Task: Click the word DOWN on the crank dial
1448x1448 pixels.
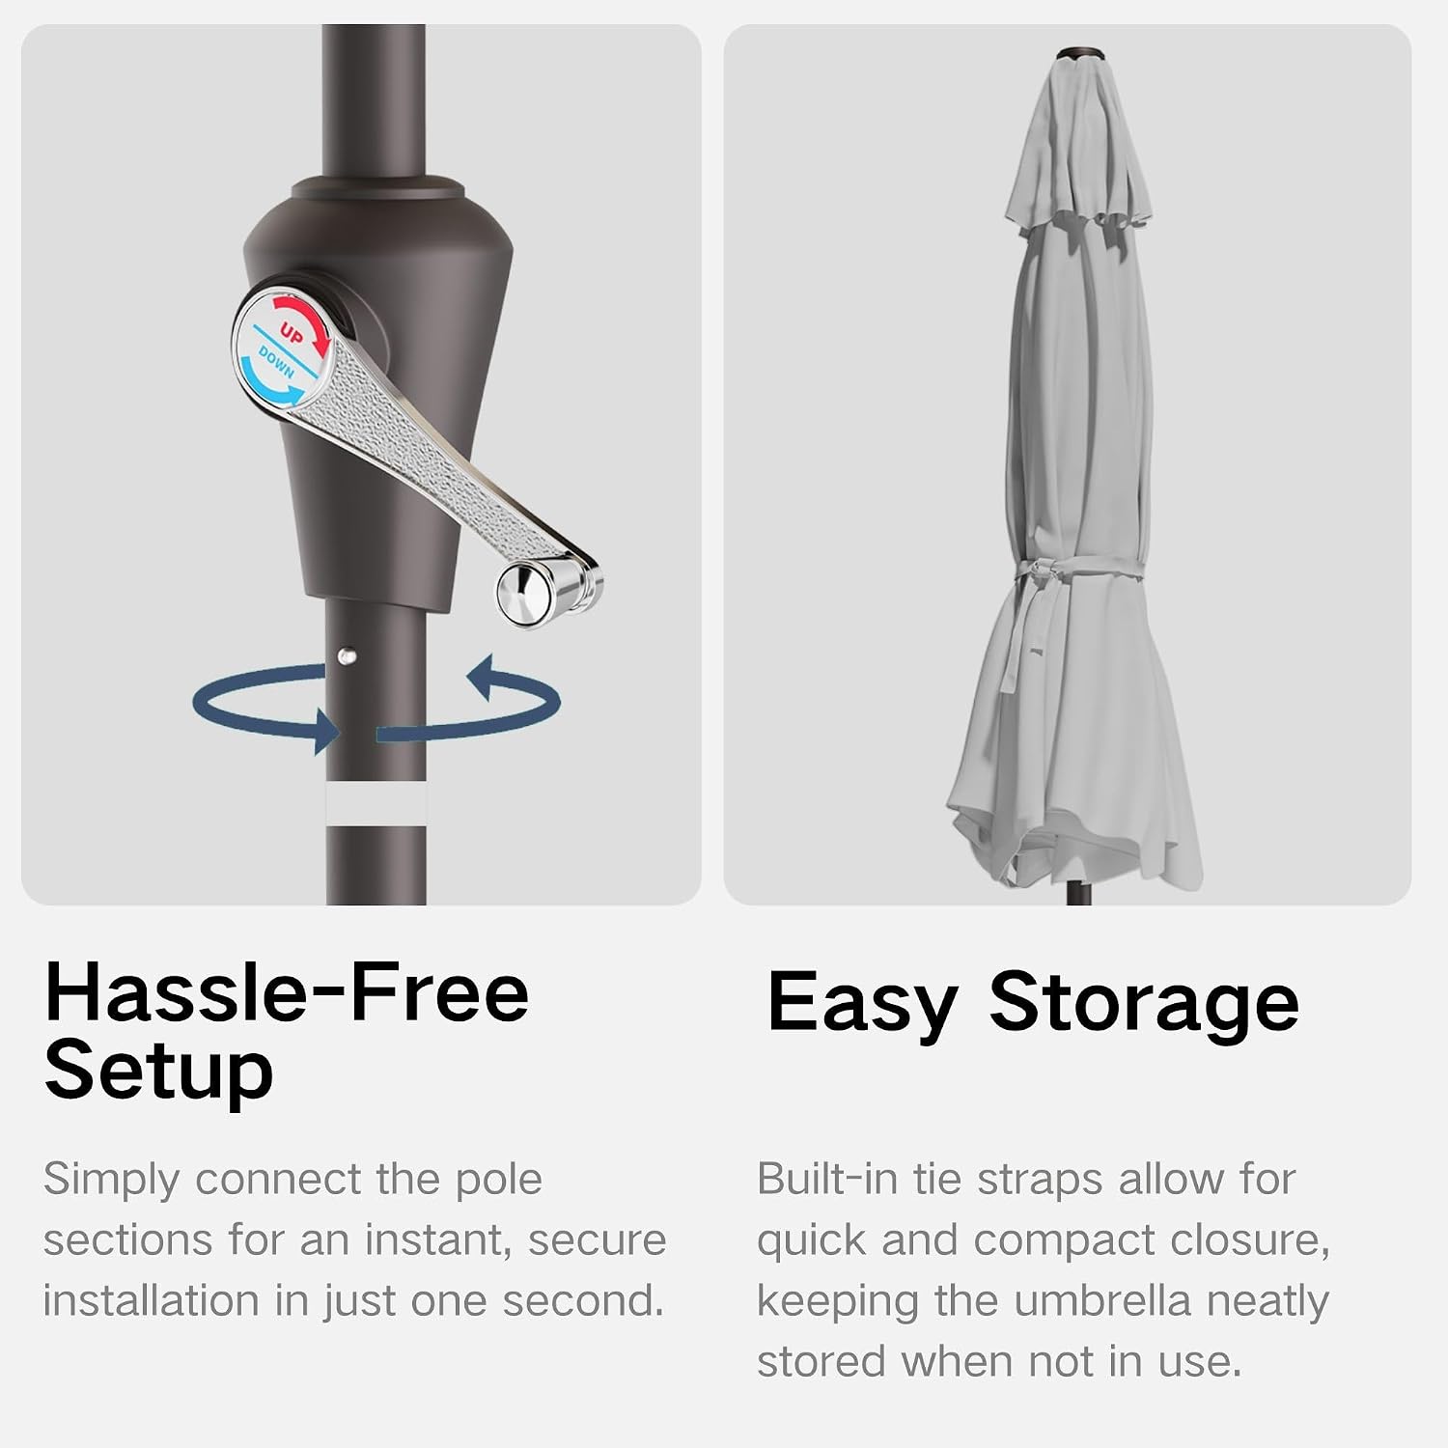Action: pos(276,362)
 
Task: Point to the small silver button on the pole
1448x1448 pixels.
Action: pos(347,656)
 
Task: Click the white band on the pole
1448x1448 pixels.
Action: pos(376,804)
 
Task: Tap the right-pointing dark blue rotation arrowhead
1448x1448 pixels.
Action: pos(324,731)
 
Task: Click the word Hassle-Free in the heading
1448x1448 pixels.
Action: pos(287,992)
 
